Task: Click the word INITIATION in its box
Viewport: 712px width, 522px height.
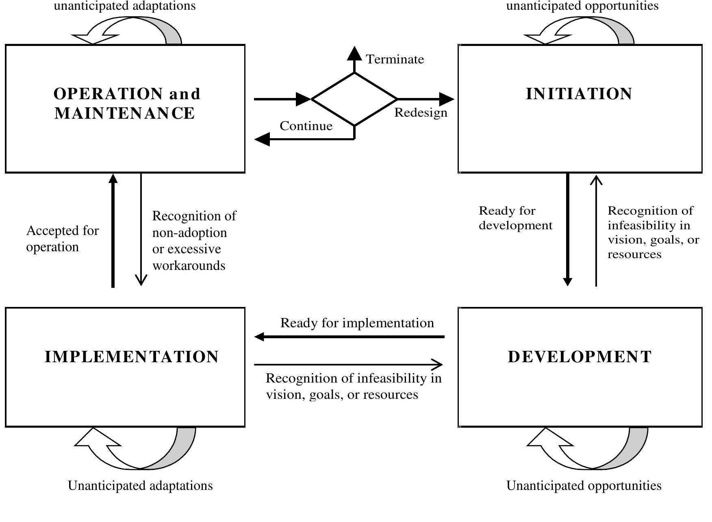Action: pos(579,94)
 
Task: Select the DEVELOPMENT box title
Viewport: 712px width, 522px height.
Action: pos(580,357)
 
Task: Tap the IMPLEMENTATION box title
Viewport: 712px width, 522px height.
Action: pos(132,357)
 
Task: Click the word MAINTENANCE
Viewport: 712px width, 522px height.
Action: pos(125,113)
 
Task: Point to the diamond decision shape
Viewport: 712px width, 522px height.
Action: pos(354,99)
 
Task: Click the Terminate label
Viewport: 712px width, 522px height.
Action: pos(395,59)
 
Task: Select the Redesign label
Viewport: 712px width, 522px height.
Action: pos(421,113)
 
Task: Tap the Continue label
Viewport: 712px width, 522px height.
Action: pos(306,126)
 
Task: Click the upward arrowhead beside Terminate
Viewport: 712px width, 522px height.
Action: pos(354,53)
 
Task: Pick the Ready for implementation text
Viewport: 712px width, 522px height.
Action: pos(357,323)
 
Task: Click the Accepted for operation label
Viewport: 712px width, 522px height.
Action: pos(62,239)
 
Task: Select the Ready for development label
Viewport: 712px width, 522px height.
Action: pos(515,218)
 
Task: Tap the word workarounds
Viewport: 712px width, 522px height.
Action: pos(189,266)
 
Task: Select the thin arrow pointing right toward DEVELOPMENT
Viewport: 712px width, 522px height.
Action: pos(348,364)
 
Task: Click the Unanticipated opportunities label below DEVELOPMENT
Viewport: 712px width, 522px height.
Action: pos(584,485)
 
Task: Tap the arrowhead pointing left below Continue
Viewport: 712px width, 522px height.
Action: pos(262,139)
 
